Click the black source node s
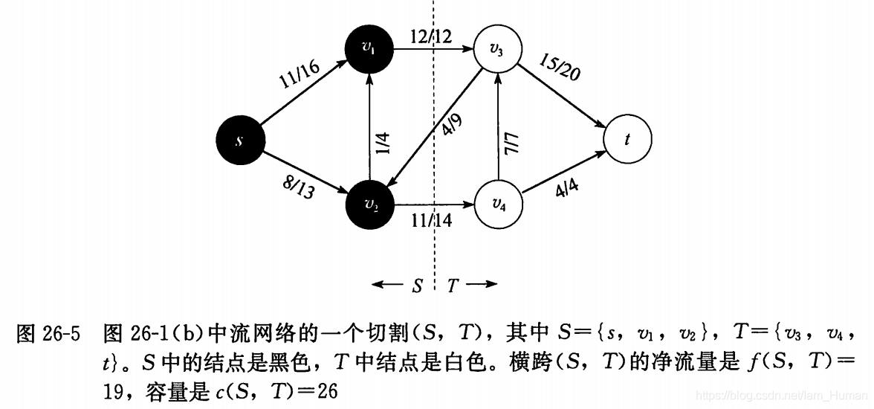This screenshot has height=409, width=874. [x=239, y=139]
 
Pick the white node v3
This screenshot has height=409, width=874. [x=496, y=51]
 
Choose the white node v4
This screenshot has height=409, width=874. [x=496, y=204]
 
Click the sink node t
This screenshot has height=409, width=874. [x=628, y=139]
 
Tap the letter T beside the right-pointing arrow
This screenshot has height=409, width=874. [x=453, y=285]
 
